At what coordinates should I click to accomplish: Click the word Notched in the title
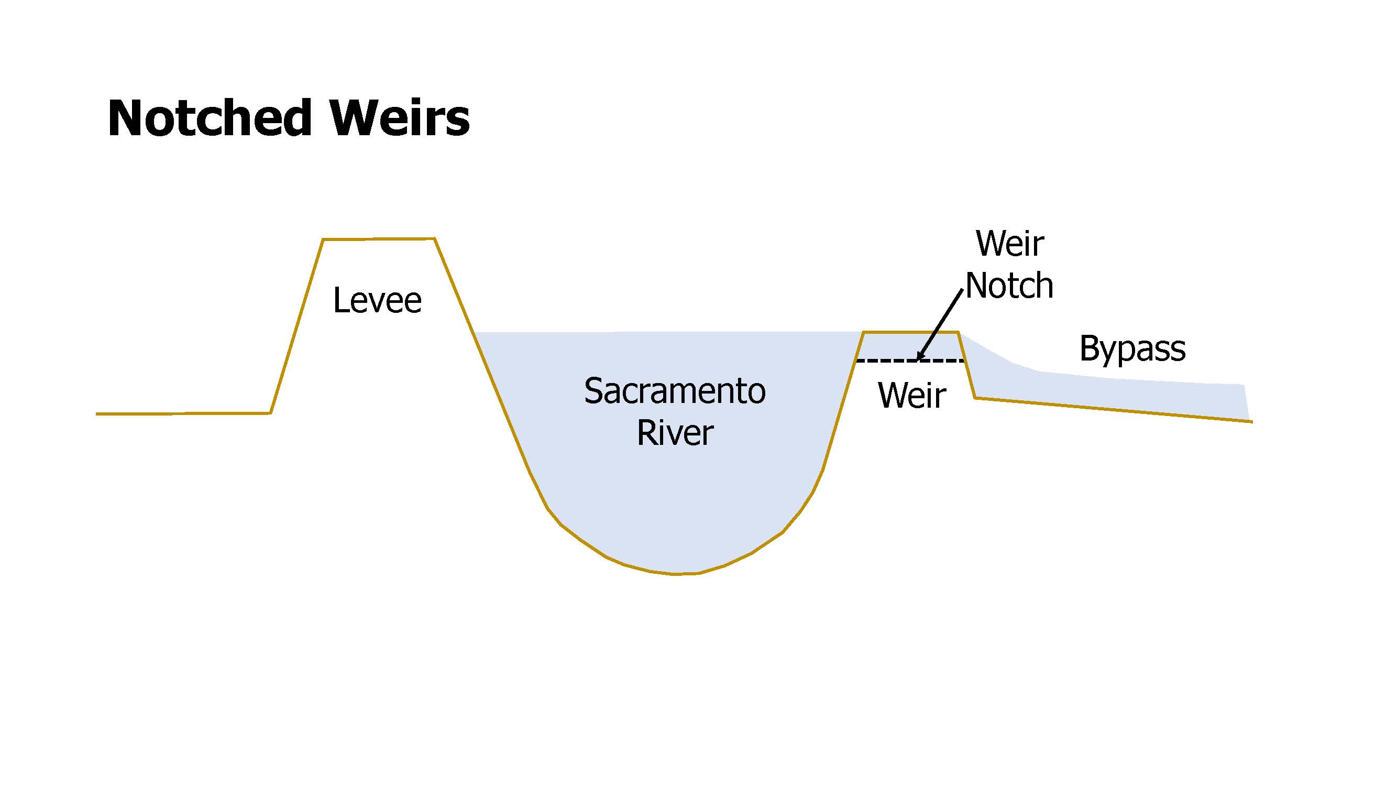pos(210,118)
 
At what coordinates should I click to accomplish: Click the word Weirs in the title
pos(400,118)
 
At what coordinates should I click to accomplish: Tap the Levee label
pos(377,300)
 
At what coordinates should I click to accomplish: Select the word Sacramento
pos(674,390)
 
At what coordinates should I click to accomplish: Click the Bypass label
pos(1132,348)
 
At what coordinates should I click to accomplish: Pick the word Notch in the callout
pos(1009,286)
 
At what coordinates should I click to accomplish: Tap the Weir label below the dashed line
pos(911,395)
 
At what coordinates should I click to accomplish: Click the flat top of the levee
pos(379,238)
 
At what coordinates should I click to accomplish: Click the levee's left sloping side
pos(296,326)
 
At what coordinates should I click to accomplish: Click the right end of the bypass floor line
pos(1250,421)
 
